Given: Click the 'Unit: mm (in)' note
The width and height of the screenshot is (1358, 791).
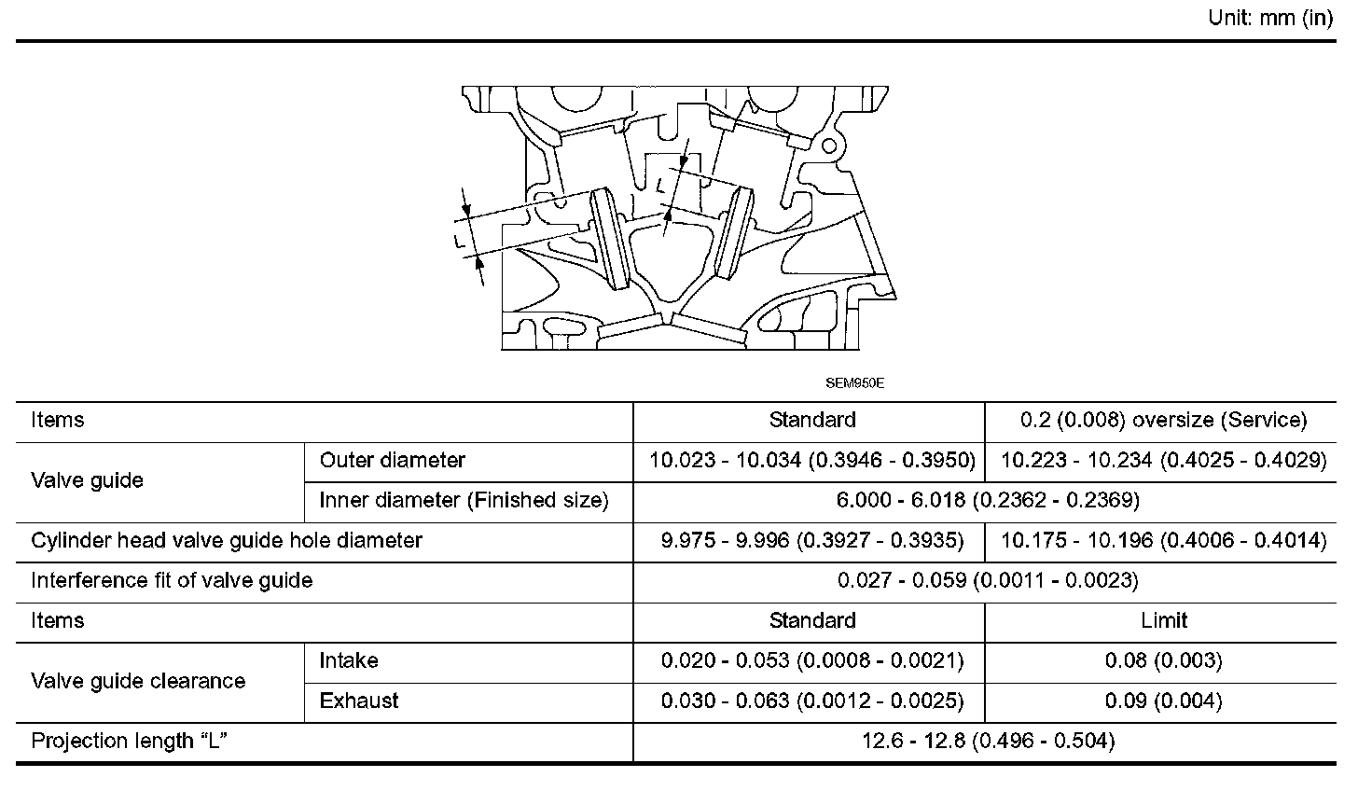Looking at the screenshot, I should pos(1270,18).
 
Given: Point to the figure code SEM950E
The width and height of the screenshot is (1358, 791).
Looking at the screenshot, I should pos(853,382).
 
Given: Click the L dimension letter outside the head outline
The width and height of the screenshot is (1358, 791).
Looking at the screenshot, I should pos(459,241).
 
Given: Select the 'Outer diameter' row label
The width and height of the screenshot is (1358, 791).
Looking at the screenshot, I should pos(392,460).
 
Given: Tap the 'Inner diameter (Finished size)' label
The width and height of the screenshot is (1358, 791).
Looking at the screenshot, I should pos(464,501).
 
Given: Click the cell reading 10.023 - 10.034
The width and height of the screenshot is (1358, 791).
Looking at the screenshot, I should pos(811,461).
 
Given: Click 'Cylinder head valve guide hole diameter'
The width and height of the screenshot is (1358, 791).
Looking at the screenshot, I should pos(227,541).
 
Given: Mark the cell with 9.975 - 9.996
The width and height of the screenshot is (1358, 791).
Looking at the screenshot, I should pos(811,541).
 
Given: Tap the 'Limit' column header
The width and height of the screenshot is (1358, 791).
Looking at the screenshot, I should pos(1163,621).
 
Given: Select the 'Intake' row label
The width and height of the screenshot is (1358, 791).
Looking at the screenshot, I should pos(349,661).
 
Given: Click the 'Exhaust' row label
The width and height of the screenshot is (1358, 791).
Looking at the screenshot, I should pos(359,701).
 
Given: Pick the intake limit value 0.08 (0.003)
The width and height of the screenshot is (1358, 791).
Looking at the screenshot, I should pos(1163,661).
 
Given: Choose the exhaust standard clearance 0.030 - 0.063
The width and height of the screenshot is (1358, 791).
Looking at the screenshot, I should pos(811,701).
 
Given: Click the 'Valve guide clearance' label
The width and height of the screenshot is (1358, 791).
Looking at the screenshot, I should pos(138,681).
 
